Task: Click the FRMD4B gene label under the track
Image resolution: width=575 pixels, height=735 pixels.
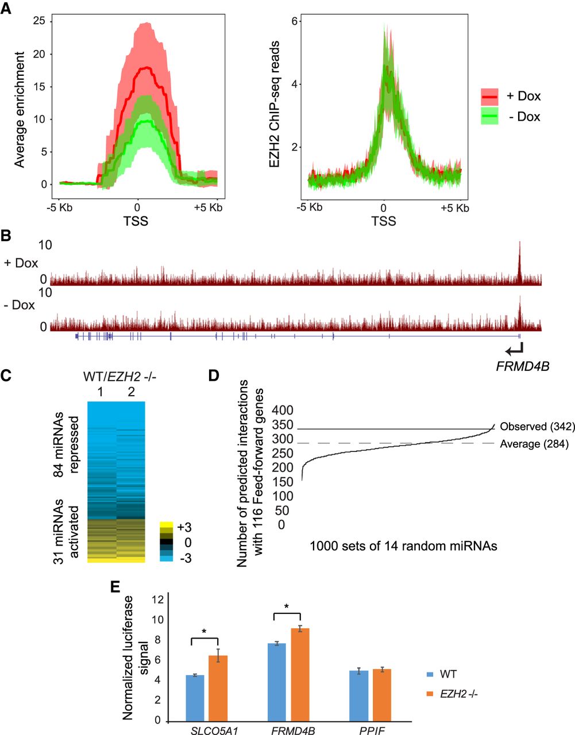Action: (x=522, y=365)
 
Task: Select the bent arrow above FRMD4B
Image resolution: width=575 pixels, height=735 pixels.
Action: (x=515, y=347)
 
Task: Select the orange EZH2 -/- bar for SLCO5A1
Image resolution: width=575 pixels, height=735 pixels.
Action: (x=218, y=688)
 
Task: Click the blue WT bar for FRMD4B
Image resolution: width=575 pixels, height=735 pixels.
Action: (x=277, y=682)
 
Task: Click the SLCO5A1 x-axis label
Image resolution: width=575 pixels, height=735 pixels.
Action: (x=207, y=730)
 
